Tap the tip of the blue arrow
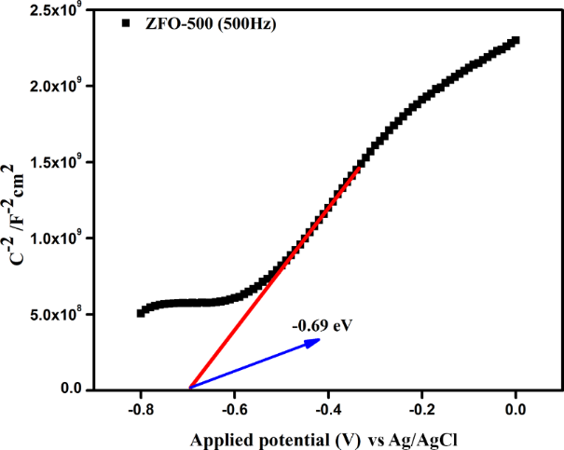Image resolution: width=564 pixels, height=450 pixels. (321, 340)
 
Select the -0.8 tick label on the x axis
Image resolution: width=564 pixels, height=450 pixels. (140, 408)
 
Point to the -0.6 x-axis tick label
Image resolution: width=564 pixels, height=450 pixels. (234, 408)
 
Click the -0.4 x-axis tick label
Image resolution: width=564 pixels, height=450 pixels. (328, 408)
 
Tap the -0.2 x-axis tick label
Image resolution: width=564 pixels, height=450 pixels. (421, 408)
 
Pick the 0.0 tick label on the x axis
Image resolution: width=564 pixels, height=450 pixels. (516, 408)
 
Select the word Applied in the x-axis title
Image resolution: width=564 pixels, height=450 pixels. (222, 436)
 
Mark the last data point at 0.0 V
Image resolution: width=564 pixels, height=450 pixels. (516, 40)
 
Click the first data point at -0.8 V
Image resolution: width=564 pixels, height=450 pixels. (141, 312)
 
